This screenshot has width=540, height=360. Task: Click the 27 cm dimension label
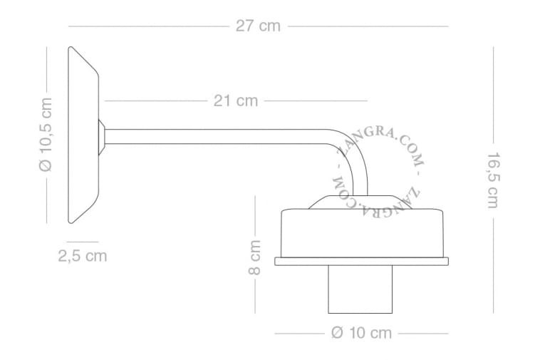pos(258,26)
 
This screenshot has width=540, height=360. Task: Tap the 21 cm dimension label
pos(236,101)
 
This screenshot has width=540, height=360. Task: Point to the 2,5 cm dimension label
pos(83,256)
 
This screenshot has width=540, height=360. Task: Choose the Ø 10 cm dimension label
pos(362,333)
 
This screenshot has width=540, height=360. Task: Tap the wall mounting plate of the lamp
pos(83,135)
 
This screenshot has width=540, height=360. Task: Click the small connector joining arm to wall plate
pos(103,135)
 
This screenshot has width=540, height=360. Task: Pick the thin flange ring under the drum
pos(363,260)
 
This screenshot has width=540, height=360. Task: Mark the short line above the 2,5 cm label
pos(83,242)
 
